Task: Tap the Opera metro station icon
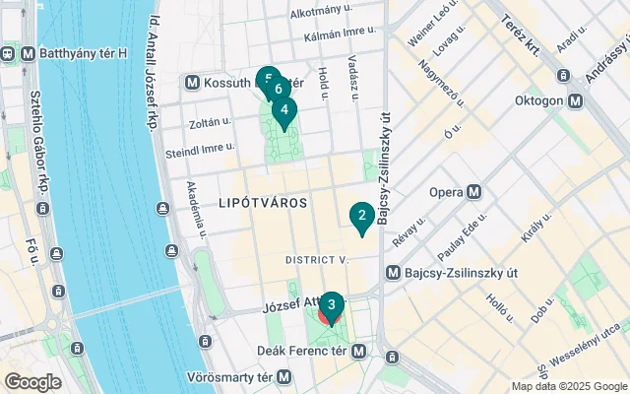474,191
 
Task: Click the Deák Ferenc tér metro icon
361,350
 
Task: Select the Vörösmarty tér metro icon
284,376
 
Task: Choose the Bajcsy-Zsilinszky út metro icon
393,272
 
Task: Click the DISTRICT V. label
317,260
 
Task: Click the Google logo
32,381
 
